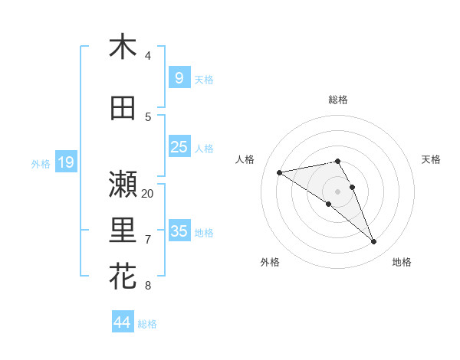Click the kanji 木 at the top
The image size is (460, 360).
coord(123,47)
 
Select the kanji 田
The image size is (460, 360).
coord(123,108)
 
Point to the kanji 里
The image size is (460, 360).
coord(123,230)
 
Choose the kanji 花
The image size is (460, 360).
coord(123,276)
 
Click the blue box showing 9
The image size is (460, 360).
coord(179,77)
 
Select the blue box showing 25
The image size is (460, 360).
coord(179,147)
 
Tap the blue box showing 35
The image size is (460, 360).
coord(179,231)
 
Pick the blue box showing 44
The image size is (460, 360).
coord(122,322)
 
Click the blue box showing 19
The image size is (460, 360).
coord(65,162)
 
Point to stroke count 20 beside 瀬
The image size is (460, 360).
coord(148,193)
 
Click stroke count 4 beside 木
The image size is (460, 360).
coord(148,56)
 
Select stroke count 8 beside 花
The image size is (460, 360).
coord(148,286)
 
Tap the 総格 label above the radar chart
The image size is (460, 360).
coord(337,100)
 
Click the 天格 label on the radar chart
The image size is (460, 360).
coord(431,159)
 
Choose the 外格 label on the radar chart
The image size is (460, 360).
coord(270,262)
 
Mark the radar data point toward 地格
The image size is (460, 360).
coord(373,242)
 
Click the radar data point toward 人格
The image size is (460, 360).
coord(279,172)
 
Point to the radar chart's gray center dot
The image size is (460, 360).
coord(337,191)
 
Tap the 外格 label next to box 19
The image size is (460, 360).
coord(41,163)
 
